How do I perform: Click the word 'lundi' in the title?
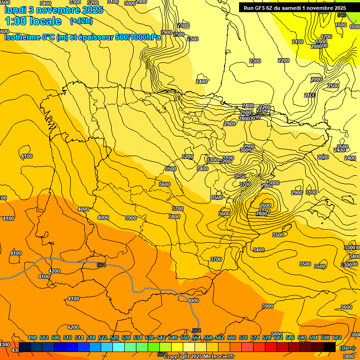(x=18, y=9)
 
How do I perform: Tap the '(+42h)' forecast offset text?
(x=81, y=21)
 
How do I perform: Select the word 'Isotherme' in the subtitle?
(x=22, y=37)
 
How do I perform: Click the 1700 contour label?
(x=326, y=37)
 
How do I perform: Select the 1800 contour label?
(x=322, y=42)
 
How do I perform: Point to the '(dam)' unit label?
(x=347, y=348)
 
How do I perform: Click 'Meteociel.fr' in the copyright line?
(x=218, y=356)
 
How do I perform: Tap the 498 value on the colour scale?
(x=32, y=337)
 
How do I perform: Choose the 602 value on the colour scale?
(x=337, y=337)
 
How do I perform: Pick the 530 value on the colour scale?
(x=126, y=337)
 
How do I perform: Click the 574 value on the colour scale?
(x=255, y=337)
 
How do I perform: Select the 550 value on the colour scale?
(x=185, y=337)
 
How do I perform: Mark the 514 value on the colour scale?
(x=79, y=337)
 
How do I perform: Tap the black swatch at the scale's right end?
(x=330, y=347)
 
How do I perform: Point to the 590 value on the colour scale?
(x=302, y=337)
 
